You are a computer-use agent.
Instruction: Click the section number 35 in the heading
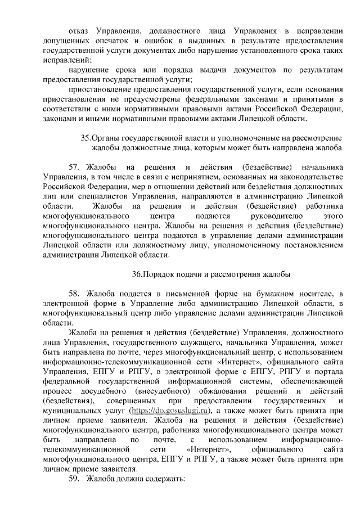tap(85, 137)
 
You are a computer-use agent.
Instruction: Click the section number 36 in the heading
tap(137, 274)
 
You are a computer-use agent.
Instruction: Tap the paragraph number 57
tap(74, 168)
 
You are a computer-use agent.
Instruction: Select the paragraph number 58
tap(74, 294)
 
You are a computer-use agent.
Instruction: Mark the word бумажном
tap(274, 294)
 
